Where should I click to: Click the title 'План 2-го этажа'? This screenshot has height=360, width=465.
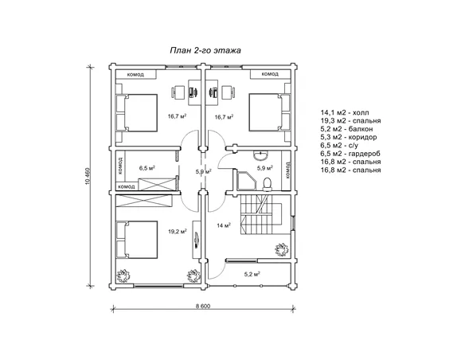click(205, 50)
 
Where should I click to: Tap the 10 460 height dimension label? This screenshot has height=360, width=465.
click(88, 177)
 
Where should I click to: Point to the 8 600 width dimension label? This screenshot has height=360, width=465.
click(203, 306)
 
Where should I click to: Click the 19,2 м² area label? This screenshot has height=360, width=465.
click(178, 232)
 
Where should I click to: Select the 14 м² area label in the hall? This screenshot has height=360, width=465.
click(224, 225)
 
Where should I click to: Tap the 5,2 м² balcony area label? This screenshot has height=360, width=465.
click(252, 274)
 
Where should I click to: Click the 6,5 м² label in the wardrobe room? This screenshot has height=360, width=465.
click(147, 168)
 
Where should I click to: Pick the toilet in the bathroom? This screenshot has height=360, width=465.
click(268, 184)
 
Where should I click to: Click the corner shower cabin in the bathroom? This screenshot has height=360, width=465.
click(245, 180)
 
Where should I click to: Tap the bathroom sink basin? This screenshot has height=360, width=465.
click(261, 154)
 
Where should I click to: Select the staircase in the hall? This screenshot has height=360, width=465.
click(261, 215)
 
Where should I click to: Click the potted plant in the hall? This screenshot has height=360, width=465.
click(281, 250)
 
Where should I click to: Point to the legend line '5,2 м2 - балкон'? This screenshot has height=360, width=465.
click(346, 129)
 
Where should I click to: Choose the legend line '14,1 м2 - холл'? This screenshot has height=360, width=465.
click(345, 112)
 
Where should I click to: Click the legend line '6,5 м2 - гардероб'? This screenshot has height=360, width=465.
click(350, 154)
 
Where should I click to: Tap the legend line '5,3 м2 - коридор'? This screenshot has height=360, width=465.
click(349, 137)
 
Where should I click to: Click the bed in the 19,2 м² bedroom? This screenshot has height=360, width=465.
click(136, 240)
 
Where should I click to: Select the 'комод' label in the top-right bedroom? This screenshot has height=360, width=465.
click(270, 74)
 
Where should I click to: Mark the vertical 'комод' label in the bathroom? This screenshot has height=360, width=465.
click(287, 170)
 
